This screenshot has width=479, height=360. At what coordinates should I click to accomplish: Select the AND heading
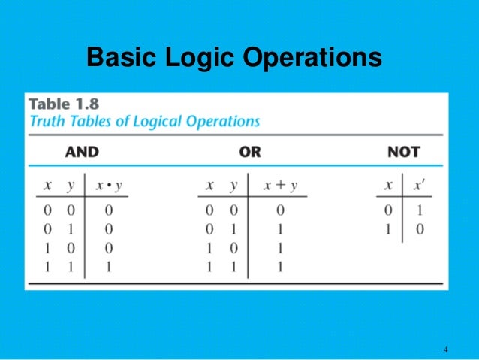pos(82,152)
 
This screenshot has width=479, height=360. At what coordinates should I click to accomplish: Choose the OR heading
pos(250,152)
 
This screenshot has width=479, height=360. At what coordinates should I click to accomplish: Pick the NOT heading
pos(403,152)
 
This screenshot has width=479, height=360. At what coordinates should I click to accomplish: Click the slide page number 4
pos(446,349)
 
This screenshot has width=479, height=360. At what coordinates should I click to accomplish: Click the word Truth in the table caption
pos(47,121)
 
